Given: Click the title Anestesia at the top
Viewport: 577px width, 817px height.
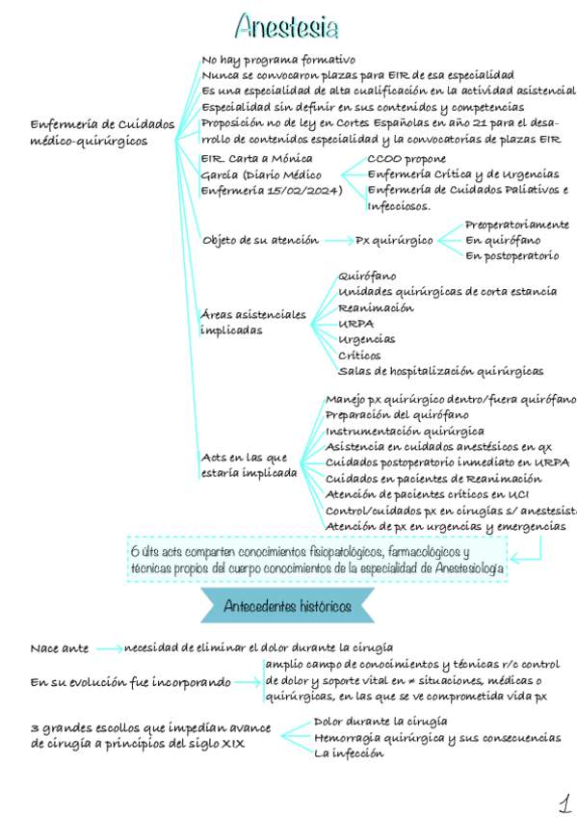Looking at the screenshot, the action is pyautogui.click(x=286, y=25).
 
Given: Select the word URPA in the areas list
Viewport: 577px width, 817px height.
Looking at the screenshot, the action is pyautogui.click(x=356, y=324).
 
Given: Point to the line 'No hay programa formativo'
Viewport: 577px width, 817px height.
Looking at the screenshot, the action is pyautogui.click(x=278, y=60).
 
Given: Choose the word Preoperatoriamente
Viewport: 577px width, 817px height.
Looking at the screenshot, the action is pyautogui.click(x=516, y=224).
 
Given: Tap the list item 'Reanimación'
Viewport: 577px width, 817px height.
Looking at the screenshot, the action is pyautogui.click(x=376, y=308).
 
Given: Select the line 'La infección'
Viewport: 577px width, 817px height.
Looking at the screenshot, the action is pyautogui.click(x=349, y=753).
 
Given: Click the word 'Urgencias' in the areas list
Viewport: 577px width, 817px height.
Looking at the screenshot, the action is pyautogui.click(x=366, y=339).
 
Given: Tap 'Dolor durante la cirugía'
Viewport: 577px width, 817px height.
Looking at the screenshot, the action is pyautogui.click(x=380, y=722).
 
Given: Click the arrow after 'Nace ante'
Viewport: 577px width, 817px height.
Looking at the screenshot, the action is pyautogui.click(x=109, y=648).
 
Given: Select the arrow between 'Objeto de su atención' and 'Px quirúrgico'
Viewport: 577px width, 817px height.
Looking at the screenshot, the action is pyautogui.click(x=338, y=240).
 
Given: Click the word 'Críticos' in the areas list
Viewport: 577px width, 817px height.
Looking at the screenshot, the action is pyautogui.click(x=359, y=356).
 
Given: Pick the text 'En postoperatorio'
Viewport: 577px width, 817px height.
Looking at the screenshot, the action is pyautogui.click(x=511, y=255).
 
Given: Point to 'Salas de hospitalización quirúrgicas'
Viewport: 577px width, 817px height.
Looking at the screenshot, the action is pyautogui.click(x=440, y=371).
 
